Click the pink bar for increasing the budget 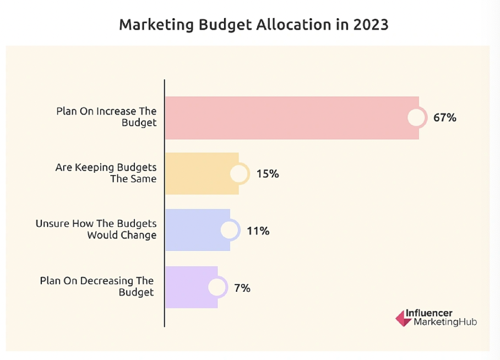[x=286, y=117]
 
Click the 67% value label [x=444, y=117]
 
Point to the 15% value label [x=267, y=174]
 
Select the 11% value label [x=258, y=231]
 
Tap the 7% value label [x=242, y=287]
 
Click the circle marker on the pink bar [x=417, y=117]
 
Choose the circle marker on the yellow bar [x=239, y=174]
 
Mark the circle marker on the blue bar [x=230, y=231]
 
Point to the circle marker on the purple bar [x=217, y=287]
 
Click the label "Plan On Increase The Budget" [x=106, y=117]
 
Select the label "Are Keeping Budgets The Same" [x=106, y=173]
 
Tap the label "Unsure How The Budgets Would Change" [x=96, y=230]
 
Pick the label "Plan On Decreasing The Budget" [x=97, y=286]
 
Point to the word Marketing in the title [x=152, y=25]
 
